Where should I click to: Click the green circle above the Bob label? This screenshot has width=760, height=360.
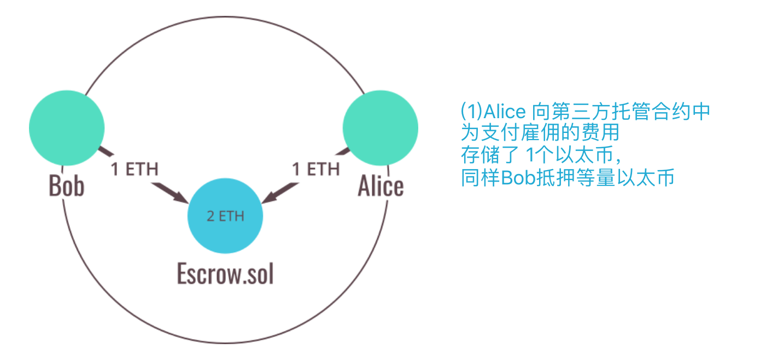click(67, 127)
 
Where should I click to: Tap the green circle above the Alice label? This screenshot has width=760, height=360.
click(380, 127)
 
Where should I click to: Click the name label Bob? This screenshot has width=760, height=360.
click(67, 186)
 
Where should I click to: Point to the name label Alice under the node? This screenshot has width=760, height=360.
click(381, 186)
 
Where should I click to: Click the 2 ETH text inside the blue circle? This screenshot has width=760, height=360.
click(225, 216)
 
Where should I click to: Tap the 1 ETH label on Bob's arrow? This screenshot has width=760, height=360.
click(134, 169)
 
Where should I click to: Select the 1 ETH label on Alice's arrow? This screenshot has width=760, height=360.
click(315, 169)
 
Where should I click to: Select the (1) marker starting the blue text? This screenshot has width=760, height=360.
click(470, 112)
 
